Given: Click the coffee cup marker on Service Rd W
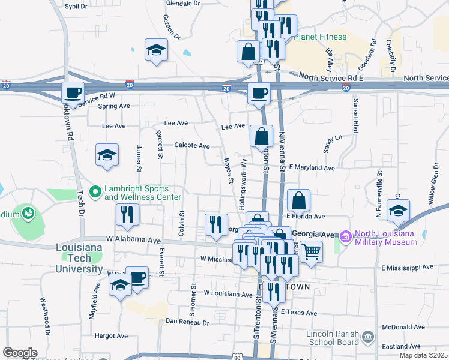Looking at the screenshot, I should (x=73, y=94).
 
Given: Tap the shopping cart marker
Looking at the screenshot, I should (x=311, y=252).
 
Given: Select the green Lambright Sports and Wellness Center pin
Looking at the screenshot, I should (x=95, y=192).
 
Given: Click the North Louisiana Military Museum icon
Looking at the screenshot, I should (x=345, y=238).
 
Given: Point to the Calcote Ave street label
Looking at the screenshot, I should (x=192, y=146).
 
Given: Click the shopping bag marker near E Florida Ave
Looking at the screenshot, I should (x=298, y=200).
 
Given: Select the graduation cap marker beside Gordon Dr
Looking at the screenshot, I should (x=156, y=50).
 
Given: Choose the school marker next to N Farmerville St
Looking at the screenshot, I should (x=397, y=210).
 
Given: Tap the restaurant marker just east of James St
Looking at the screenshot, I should (x=127, y=215).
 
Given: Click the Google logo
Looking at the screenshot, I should (x=19, y=353).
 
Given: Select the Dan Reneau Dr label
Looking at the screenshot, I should (x=187, y=322).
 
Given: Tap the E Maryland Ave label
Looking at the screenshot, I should (x=311, y=168).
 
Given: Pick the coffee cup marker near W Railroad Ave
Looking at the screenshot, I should (x=137, y=277).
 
